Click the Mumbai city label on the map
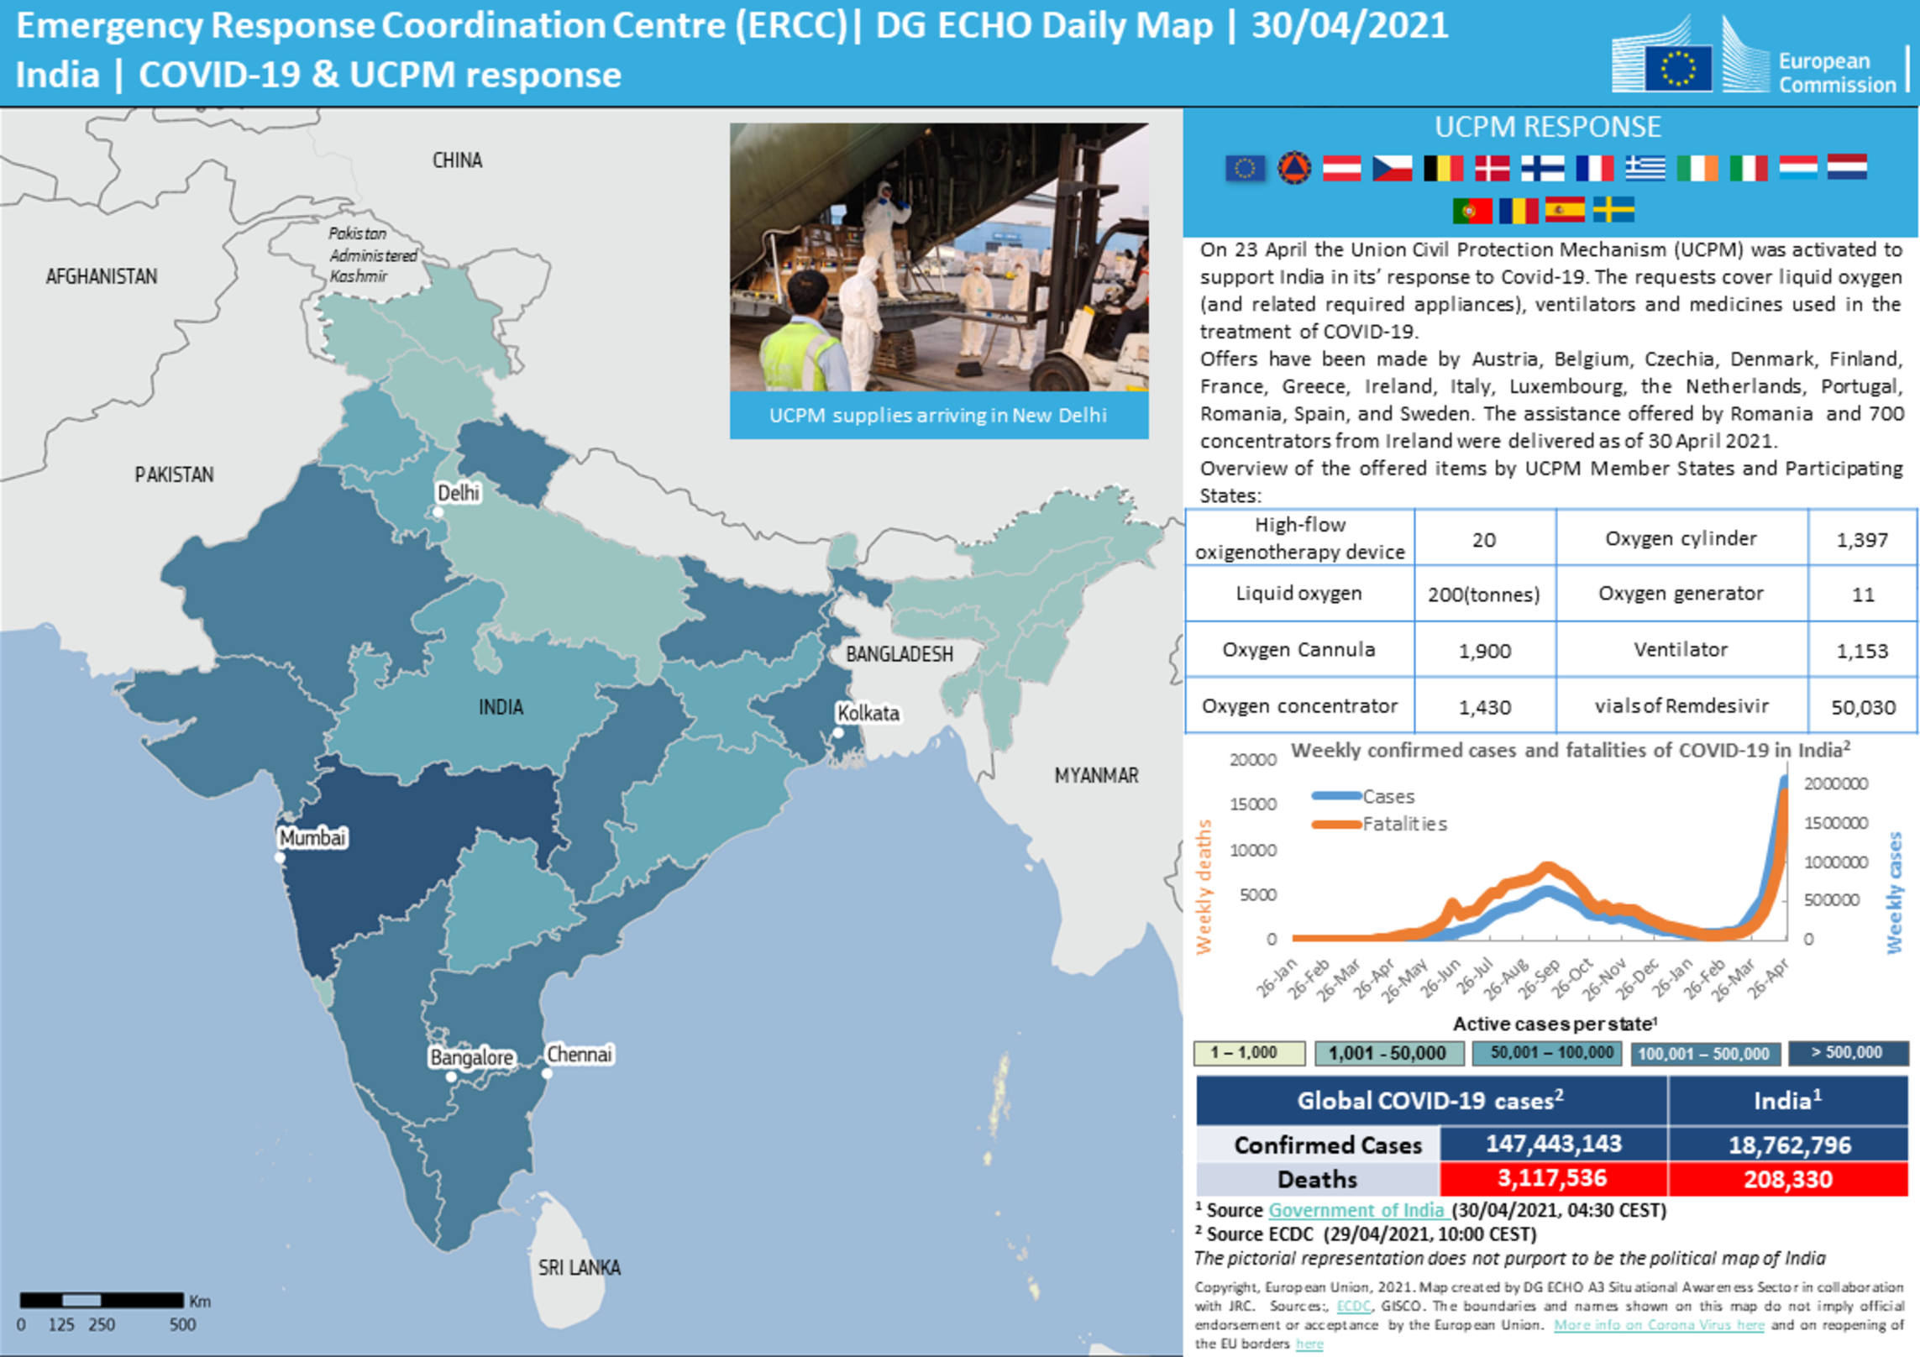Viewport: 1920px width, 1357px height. [x=312, y=837]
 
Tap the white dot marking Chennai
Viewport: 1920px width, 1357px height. [x=547, y=1073]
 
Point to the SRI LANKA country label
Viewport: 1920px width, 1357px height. [x=580, y=1267]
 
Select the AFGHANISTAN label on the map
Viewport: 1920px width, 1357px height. [x=102, y=276]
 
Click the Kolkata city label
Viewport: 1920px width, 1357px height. [x=868, y=713]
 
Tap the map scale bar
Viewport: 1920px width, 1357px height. [x=102, y=1301]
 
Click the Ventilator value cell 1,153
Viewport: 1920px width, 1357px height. [x=1862, y=651]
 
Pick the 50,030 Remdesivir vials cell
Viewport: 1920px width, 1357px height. [x=1862, y=707]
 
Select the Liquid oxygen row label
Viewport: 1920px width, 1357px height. [x=1298, y=594]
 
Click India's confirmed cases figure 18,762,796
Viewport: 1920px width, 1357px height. [x=1789, y=1145]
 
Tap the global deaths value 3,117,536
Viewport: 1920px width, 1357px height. [x=1552, y=1178]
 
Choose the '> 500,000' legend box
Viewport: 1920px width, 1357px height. [x=1847, y=1053]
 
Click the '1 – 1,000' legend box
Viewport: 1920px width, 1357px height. [x=1249, y=1053]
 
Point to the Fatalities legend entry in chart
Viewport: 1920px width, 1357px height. [x=1403, y=824]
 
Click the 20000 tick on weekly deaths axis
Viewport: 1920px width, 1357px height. [x=1252, y=760]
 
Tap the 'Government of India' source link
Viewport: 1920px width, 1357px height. [x=1356, y=1210]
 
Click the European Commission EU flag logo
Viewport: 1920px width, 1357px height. [x=1678, y=67]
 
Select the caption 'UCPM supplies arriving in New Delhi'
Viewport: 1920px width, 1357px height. [x=938, y=416]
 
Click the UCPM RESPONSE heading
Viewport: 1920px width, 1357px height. [x=1547, y=127]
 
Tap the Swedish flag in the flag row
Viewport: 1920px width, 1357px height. [x=1613, y=209]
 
